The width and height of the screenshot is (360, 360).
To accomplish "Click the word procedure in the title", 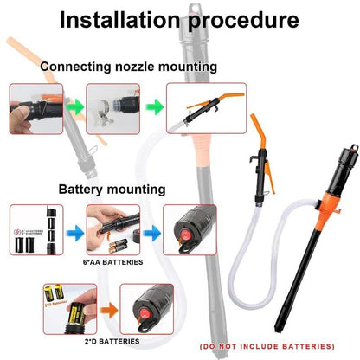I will coord(245,20).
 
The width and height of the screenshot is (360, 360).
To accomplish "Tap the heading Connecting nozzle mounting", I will coord(128,67).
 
